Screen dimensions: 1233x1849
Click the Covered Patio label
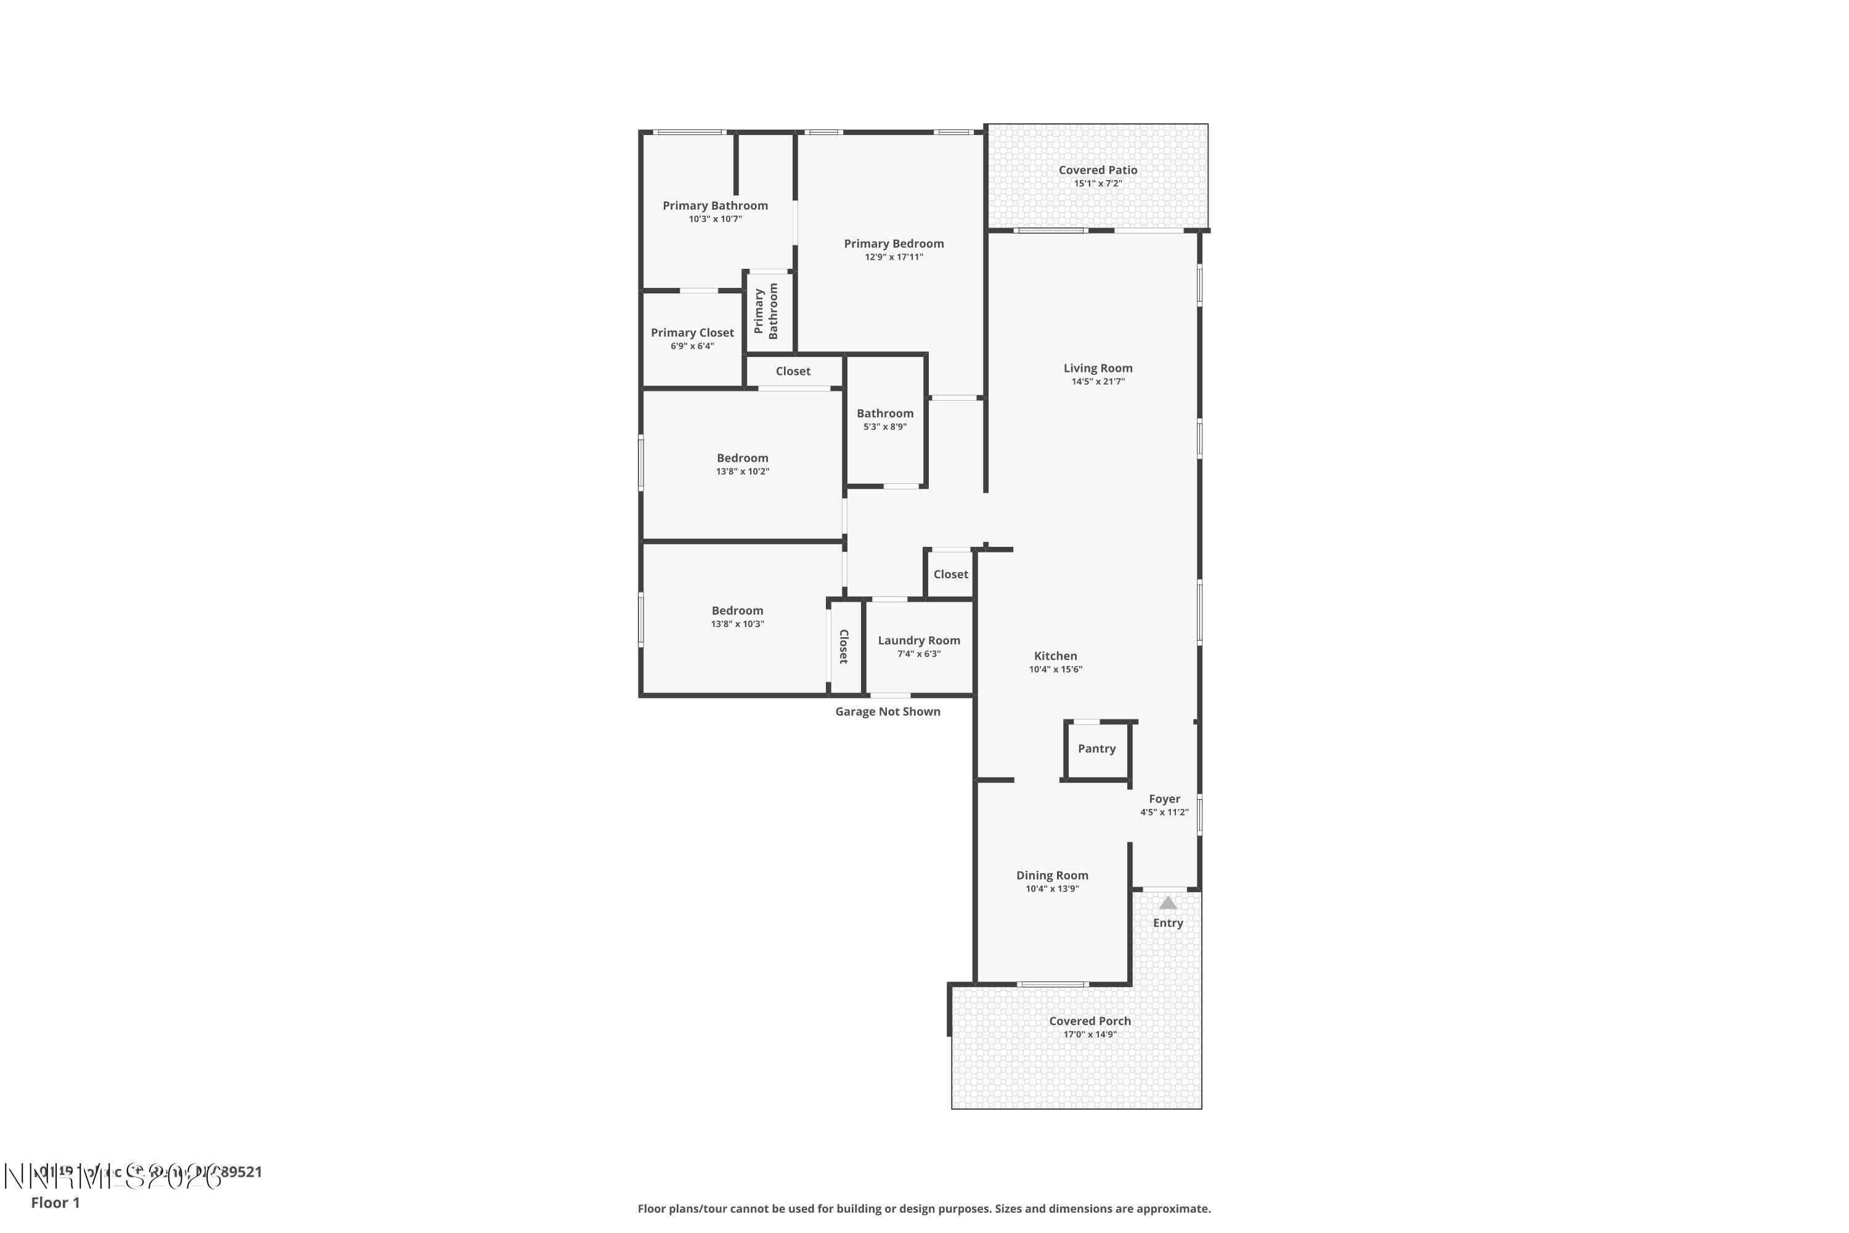(1098, 170)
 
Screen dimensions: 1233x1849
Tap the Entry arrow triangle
(1167, 903)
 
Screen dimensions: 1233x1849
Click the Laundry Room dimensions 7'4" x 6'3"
(919, 653)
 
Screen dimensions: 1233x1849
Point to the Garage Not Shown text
(888, 711)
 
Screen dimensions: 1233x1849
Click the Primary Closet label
(692, 333)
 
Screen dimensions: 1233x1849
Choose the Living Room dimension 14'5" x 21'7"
(1098, 382)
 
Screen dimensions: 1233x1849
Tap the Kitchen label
(1055, 656)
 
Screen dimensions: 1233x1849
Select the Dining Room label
(1052, 875)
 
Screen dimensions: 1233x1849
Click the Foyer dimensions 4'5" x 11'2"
(1164, 813)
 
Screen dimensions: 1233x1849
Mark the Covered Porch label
(1090, 1021)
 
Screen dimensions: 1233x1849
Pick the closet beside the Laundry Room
(844, 646)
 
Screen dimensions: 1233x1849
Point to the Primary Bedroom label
(894, 244)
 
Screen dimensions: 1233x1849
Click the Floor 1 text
(55, 1202)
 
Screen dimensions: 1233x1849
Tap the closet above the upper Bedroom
(793, 371)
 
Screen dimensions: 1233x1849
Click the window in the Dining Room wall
(1053, 985)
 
